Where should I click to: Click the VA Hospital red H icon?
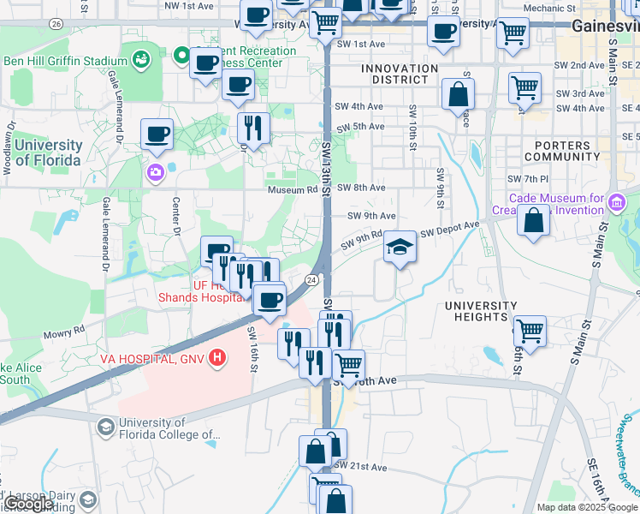tap(218, 357)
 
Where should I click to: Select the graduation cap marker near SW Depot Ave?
tap(400, 248)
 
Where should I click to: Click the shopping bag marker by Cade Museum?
tap(533, 220)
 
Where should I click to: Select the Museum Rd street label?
tap(292, 189)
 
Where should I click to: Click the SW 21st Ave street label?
tap(367, 468)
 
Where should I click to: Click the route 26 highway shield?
tap(56, 24)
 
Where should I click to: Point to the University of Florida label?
tap(47, 153)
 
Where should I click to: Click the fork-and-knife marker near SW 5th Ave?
tap(253, 128)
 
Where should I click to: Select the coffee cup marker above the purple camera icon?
tap(157, 134)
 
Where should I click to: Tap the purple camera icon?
tap(156, 172)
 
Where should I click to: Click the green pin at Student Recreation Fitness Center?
tap(181, 57)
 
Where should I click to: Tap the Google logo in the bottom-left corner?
tap(31, 504)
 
